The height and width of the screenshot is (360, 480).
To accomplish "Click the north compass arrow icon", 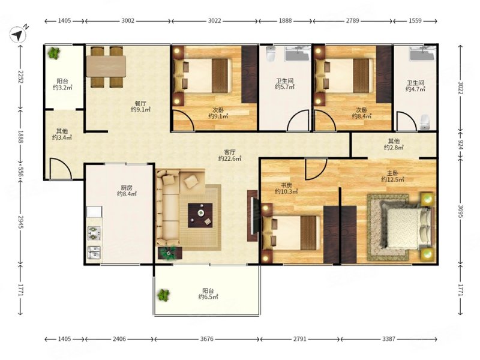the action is pos(18,35).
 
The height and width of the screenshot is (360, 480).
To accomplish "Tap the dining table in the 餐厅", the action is pos(106,66).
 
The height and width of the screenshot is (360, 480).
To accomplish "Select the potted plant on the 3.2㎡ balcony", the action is pos(54,53).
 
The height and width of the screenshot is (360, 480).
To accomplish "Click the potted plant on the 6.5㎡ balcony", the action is pos(163,295).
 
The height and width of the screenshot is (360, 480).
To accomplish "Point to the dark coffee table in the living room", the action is pos(200,215).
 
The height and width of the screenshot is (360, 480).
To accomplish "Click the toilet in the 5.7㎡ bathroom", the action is pos(270,54).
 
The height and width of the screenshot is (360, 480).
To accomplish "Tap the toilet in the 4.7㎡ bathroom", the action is pos(424,122).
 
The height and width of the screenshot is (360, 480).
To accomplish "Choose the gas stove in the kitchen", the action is pos(94,233).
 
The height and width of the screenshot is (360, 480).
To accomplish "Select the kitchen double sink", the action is pos(94,252).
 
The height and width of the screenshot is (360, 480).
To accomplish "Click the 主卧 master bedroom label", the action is pos(392,173).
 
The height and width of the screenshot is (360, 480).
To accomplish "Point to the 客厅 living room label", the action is pos(230,152).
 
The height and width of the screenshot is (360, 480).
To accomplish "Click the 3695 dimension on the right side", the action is pos(460,211).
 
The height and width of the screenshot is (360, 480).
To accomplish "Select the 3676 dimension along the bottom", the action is pos(207,339).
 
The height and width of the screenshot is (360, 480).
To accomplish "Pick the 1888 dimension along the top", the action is pos(285,21).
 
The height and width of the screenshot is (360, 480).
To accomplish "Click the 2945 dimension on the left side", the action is pos(20,223).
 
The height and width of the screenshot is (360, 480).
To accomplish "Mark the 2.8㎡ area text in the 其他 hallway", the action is pos(394,148).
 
